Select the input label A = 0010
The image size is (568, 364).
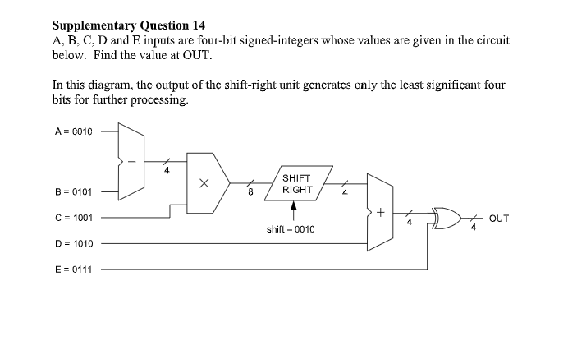coord(73,131)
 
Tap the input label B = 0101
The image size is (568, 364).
coord(73,194)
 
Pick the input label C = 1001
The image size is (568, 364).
coord(73,219)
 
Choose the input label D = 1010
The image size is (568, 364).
coord(73,244)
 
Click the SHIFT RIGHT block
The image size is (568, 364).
coord(296,184)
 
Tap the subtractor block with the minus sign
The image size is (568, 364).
coord(131,163)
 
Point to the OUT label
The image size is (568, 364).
coord(499,219)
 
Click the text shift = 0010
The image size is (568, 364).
coord(290,228)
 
